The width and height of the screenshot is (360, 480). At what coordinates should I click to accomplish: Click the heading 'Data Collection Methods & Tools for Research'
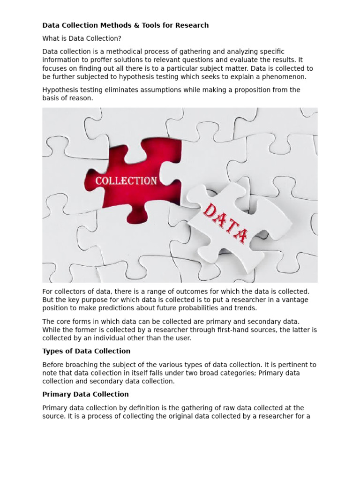click(125, 25)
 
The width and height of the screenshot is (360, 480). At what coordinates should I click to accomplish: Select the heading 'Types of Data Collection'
click(86, 351)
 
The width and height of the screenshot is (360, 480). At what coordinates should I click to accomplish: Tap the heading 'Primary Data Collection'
click(85, 394)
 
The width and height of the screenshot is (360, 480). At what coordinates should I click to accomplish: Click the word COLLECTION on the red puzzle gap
click(126, 181)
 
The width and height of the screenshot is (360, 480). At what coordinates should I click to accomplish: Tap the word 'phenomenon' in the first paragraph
click(285, 76)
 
